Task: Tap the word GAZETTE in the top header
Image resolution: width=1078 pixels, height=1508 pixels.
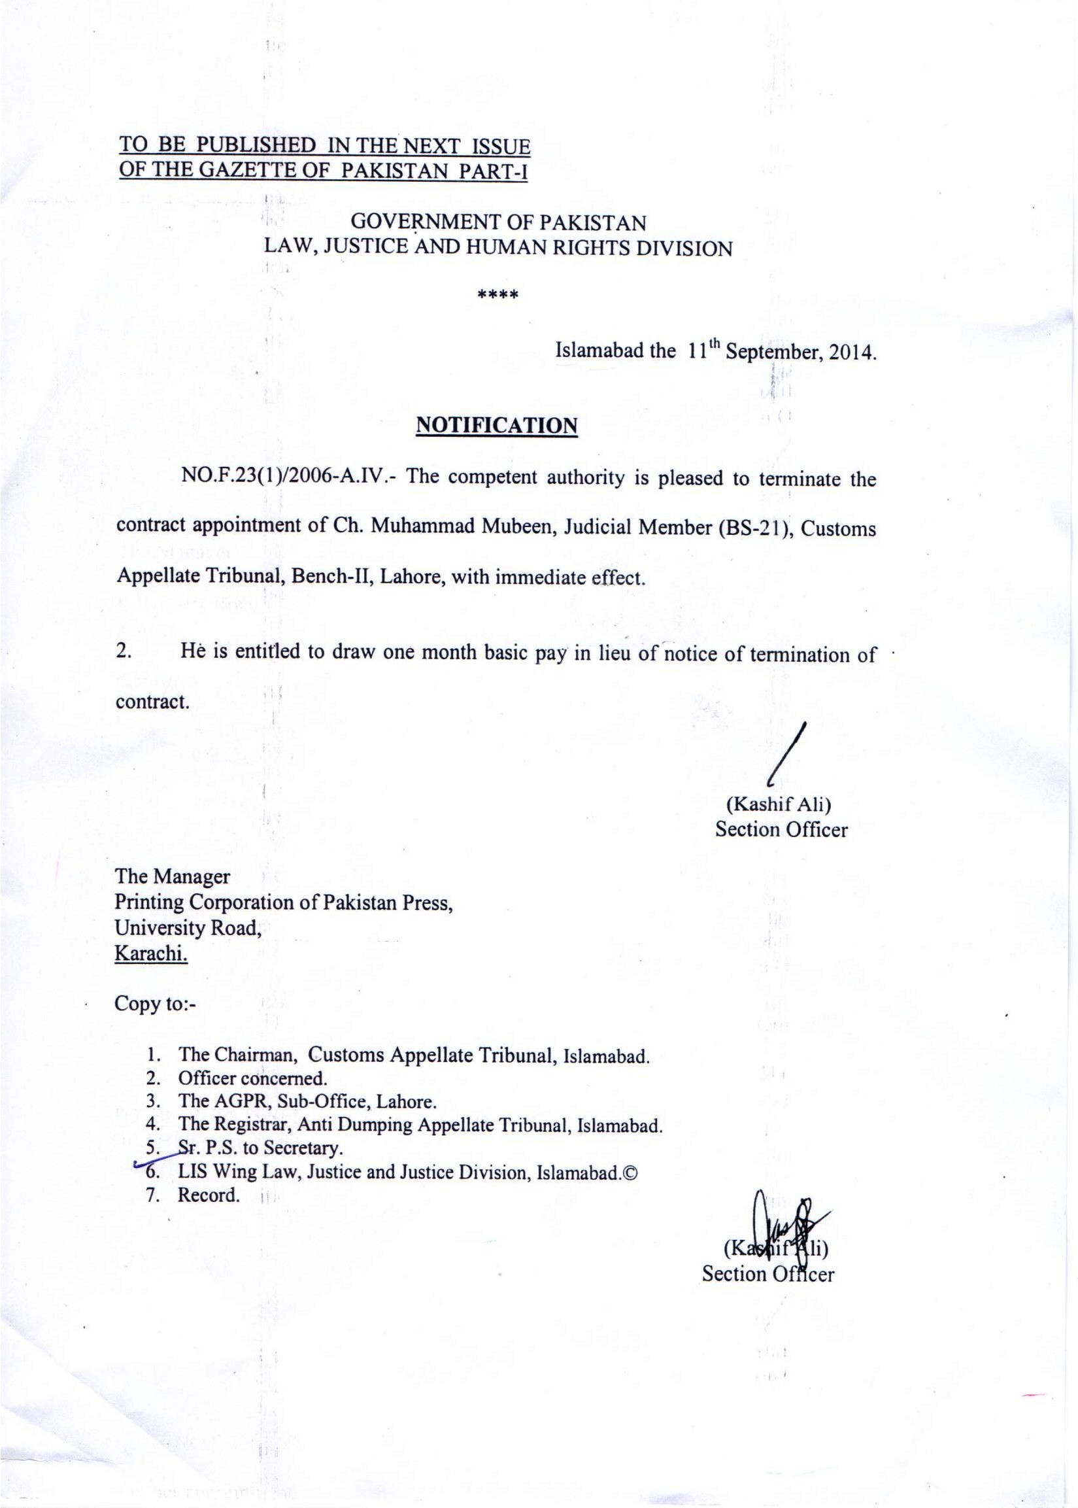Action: tap(252, 171)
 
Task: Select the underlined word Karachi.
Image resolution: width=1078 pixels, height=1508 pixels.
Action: tap(152, 953)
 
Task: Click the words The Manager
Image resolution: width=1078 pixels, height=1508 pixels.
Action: tap(173, 876)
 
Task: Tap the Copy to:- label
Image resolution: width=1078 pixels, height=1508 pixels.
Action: tap(156, 1003)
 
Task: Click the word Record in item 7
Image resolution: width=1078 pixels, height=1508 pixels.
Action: tap(209, 1195)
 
